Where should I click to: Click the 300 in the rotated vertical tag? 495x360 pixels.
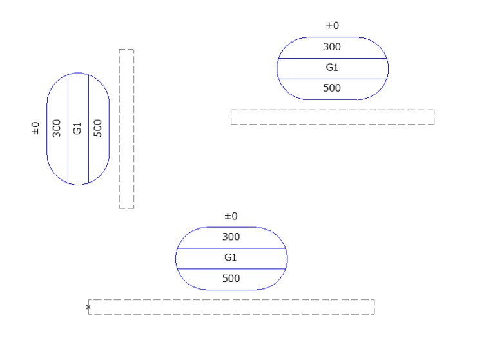[x=57, y=128]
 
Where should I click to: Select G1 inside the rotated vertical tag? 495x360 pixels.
[x=77, y=128]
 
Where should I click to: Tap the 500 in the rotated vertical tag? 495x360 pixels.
[x=98, y=128]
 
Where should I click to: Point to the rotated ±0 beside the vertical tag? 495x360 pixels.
[x=35, y=128]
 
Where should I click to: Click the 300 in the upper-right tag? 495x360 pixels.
[x=332, y=47]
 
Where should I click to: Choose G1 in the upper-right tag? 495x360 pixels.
[x=332, y=68]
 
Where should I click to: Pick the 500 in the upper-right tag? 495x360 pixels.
[x=332, y=88]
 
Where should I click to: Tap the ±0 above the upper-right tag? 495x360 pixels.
[x=333, y=26]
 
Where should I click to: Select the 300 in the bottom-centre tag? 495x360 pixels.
[x=231, y=237]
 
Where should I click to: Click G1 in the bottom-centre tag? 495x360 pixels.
[x=231, y=257]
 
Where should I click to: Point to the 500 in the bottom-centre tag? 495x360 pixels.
[x=231, y=279]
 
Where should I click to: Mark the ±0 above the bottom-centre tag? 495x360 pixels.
[x=231, y=216]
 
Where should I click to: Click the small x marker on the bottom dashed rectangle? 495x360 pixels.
[x=88, y=307]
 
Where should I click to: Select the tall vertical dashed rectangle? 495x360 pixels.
[x=126, y=129]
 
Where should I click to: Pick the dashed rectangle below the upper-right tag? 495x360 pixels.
[x=333, y=117]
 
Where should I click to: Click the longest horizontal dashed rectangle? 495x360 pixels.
[x=231, y=306]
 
